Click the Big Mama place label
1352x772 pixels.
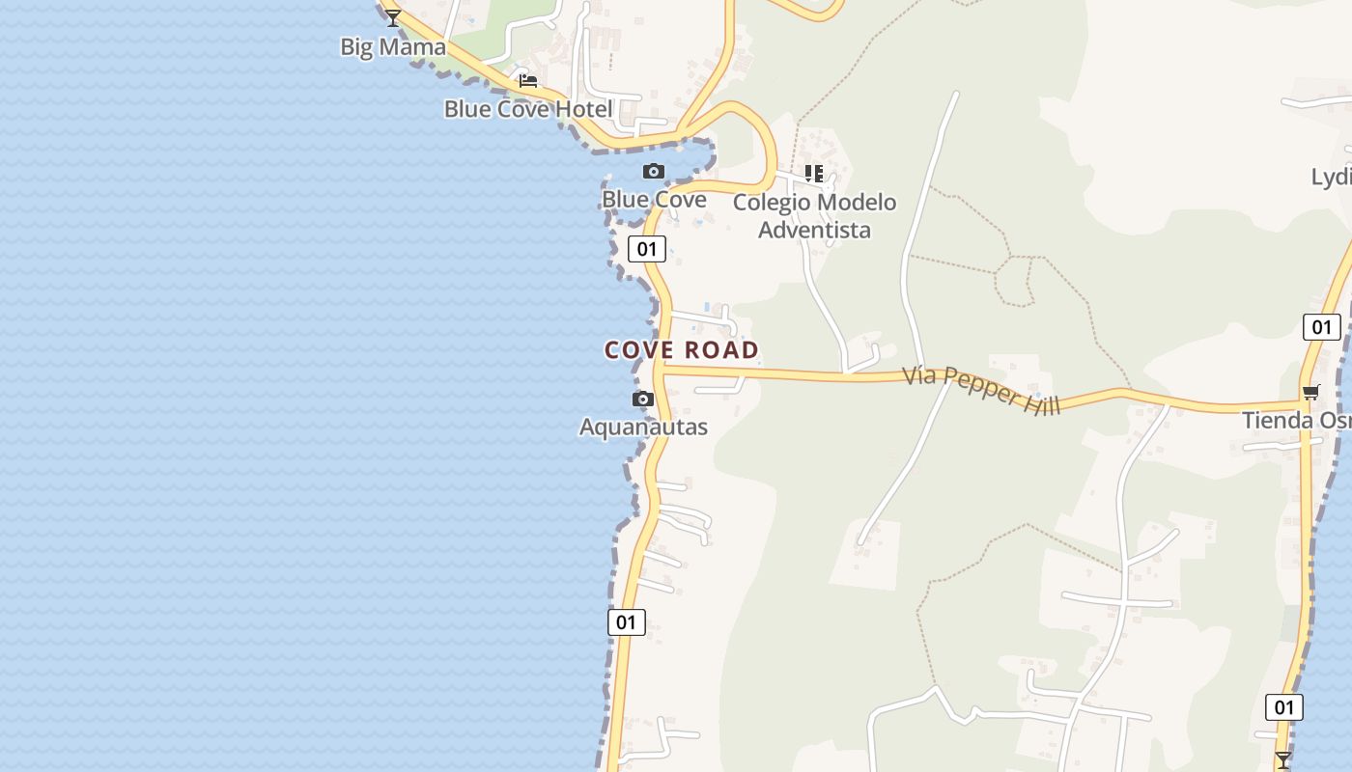[x=393, y=46]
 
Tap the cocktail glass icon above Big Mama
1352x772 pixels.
[x=393, y=17]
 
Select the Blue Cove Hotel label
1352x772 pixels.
[x=528, y=108]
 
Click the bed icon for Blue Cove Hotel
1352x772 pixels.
[x=528, y=80]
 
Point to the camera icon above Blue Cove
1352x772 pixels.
[x=654, y=172]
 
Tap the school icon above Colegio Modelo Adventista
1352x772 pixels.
[x=814, y=174]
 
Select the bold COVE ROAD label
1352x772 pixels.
[x=682, y=350]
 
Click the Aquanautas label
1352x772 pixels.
[x=643, y=427]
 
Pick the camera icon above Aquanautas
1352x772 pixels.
[x=643, y=400]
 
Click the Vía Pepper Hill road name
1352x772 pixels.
[x=981, y=390]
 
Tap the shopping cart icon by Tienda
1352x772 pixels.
[x=1310, y=392]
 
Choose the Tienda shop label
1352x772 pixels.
[x=1296, y=421]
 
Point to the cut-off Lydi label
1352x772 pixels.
[x=1331, y=177]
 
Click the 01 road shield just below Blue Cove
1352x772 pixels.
[x=647, y=249]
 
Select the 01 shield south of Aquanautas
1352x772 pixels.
[x=627, y=622]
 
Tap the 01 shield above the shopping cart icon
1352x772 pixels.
[x=1321, y=327]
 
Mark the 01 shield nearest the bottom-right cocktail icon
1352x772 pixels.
[x=1283, y=707]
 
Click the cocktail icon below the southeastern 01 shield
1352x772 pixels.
[x=1282, y=759]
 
